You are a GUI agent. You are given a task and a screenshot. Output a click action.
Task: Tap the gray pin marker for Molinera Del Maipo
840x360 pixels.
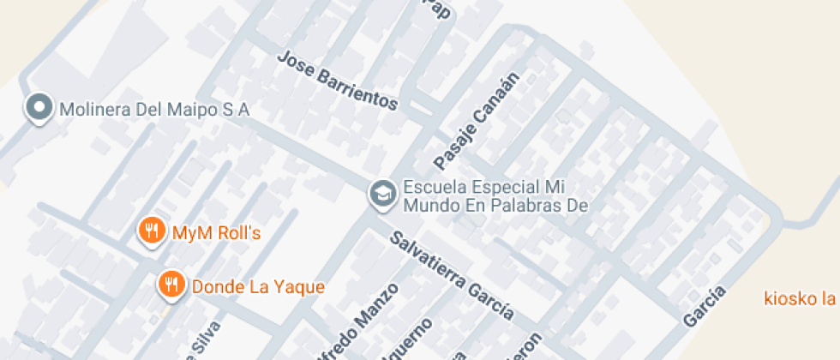click(38, 108)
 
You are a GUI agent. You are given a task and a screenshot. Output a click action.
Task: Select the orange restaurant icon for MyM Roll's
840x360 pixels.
click(153, 231)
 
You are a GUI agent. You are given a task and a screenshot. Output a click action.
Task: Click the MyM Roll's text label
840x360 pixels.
click(216, 232)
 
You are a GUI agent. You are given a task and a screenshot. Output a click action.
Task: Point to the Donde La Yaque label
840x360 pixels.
click(258, 286)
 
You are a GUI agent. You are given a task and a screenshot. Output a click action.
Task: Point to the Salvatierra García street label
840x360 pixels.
click(453, 275)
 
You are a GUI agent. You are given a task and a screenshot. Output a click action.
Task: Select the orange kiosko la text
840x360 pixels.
click(800, 298)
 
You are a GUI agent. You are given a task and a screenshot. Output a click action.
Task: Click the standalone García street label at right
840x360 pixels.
click(705, 306)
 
